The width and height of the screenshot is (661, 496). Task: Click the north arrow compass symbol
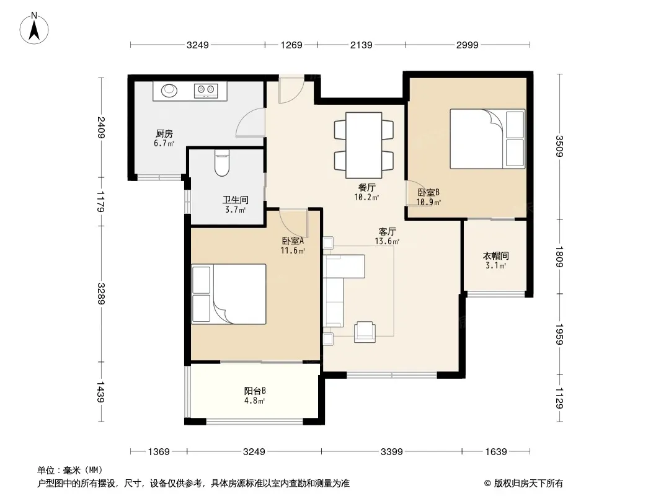pyautogui.click(x=34, y=29)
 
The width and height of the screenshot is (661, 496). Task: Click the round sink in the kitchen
pyautogui.click(x=169, y=90)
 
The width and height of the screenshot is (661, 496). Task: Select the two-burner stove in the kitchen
pyautogui.click(x=205, y=91)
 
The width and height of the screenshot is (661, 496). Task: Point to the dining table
pyautogui.click(x=364, y=145)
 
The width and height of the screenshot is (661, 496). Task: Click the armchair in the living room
pyautogui.click(x=365, y=332)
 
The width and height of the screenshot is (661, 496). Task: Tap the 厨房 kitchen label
pyautogui.click(x=164, y=133)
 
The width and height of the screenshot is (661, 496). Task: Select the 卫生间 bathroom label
pyautogui.click(x=235, y=200)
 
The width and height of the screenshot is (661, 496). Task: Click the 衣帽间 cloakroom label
pyautogui.click(x=496, y=255)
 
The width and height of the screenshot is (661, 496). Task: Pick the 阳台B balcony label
pyautogui.click(x=255, y=391)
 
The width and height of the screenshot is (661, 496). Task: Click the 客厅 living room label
pyautogui.click(x=387, y=231)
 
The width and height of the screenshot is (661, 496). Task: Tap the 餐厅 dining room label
pyautogui.click(x=366, y=187)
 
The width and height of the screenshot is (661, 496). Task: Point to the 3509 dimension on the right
pyautogui.click(x=559, y=146)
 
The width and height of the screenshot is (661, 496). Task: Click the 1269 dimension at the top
pyautogui.click(x=291, y=45)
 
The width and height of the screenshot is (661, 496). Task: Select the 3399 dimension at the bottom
pyautogui.click(x=392, y=452)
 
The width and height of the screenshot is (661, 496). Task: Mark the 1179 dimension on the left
pyautogui.click(x=100, y=201)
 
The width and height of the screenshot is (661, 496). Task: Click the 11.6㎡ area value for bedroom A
pyautogui.click(x=293, y=250)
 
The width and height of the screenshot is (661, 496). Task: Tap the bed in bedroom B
pyautogui.click(x=487, y=139)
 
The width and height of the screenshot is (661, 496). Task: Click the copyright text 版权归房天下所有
pyautogui.click(x=528, y=484)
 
